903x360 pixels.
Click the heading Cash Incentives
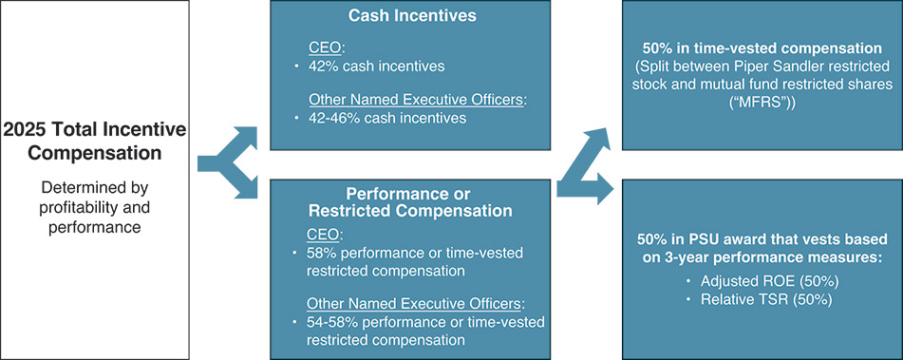tap(412, 15)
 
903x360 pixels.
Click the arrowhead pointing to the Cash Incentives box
tap(246, 137)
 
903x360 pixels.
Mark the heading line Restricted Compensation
tap(410, 210)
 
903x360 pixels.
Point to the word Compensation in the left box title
tap(94, 154)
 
